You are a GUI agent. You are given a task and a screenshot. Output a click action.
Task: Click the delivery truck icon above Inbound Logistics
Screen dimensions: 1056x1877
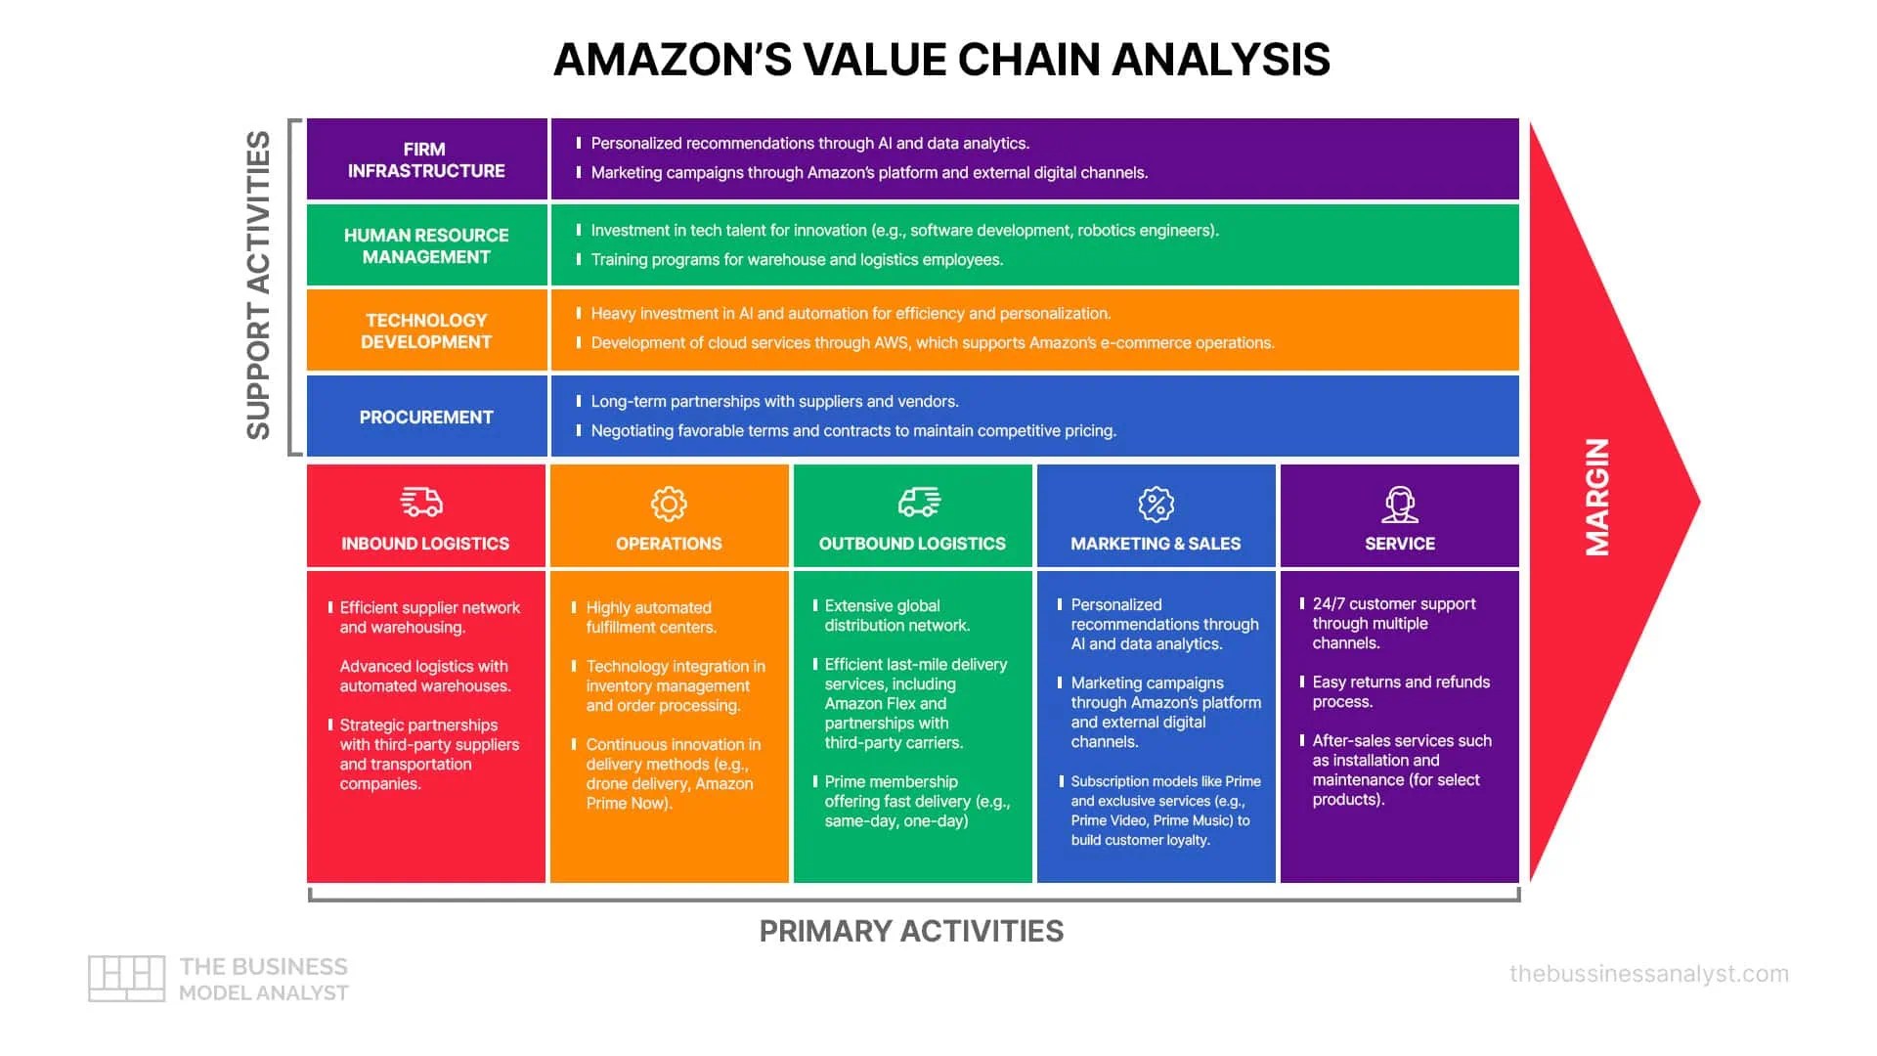(x=421, y=503)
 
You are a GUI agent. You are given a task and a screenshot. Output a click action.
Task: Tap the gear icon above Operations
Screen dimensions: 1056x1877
(x=669, y=504)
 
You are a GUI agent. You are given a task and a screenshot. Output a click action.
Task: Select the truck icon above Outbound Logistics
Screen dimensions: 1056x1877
(x=919, y=503)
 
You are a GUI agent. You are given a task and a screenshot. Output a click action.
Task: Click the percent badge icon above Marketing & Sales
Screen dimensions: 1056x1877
(x=1156, y=504)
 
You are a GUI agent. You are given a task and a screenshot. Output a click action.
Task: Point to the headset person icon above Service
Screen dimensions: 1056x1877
(x=1400, y=505)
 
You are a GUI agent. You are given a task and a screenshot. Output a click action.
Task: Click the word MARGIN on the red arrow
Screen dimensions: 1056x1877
(x=1596, y=497)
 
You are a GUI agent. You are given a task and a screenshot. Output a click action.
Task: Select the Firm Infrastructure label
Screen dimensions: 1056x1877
(x=425, y=160)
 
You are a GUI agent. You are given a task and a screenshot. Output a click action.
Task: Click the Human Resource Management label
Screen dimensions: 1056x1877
(x=426, y=245)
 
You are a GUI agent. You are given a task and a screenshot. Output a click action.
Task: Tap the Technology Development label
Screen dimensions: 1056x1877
(x=426, y=330)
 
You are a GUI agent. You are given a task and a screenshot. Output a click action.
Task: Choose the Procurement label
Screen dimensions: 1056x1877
(x=426, y=418)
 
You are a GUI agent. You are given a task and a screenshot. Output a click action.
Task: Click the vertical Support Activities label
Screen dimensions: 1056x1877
(x=258, y=285)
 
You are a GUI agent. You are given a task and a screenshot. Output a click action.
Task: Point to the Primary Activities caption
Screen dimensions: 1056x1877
(x=911, y=931)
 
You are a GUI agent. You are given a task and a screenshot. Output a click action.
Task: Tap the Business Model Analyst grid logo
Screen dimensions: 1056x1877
(x=126, y=978)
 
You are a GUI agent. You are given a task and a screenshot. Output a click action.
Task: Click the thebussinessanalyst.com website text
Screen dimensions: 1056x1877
(x=1648, y=974)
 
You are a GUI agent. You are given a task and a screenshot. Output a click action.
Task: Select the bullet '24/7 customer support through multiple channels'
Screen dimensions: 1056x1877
(x=1393, y=624)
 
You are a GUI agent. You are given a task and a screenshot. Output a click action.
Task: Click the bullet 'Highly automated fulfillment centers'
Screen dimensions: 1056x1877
(x=651, y=617)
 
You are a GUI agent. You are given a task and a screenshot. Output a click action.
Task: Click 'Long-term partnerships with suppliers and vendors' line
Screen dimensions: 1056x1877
(x=774, y=402)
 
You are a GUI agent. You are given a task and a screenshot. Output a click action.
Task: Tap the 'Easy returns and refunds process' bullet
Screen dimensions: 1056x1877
(x=1400, y=691)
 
